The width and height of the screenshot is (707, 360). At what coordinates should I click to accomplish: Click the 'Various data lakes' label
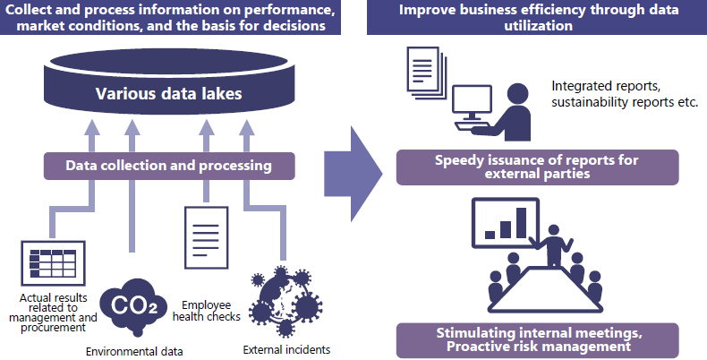click(168, 93)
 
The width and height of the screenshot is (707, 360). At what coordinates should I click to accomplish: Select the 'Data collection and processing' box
click(169, 166)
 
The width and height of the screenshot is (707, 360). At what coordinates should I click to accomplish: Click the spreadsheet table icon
click(53, 263)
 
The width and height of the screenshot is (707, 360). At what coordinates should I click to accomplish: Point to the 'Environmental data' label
click(134, 351)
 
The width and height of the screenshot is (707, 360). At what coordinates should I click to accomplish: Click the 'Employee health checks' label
click(207, 311)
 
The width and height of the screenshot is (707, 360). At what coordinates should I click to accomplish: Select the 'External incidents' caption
click(286, 349)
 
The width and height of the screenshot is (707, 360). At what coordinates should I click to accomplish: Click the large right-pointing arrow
click(353, 174)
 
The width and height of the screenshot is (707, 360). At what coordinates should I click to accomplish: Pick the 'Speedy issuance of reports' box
click(537, 167)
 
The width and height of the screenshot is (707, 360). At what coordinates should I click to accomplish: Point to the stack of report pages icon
click(426, 73)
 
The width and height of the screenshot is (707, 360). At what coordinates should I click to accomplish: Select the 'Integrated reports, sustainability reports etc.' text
click(625, 94)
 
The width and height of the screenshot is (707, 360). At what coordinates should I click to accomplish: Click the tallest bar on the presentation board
click(521, 222)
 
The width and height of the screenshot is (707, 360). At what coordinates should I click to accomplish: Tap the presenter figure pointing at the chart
click(553, 245)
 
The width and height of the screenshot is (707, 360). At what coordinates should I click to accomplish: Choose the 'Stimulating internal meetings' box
click(537, 340)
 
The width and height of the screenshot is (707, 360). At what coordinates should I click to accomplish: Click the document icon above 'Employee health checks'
click(206, 237)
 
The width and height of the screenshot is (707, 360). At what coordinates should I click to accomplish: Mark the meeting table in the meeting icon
click(545, 289)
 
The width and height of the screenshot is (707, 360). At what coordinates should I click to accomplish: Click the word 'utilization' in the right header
click(538, 25)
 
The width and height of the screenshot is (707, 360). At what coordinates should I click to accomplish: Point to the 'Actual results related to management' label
click(53, 313)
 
